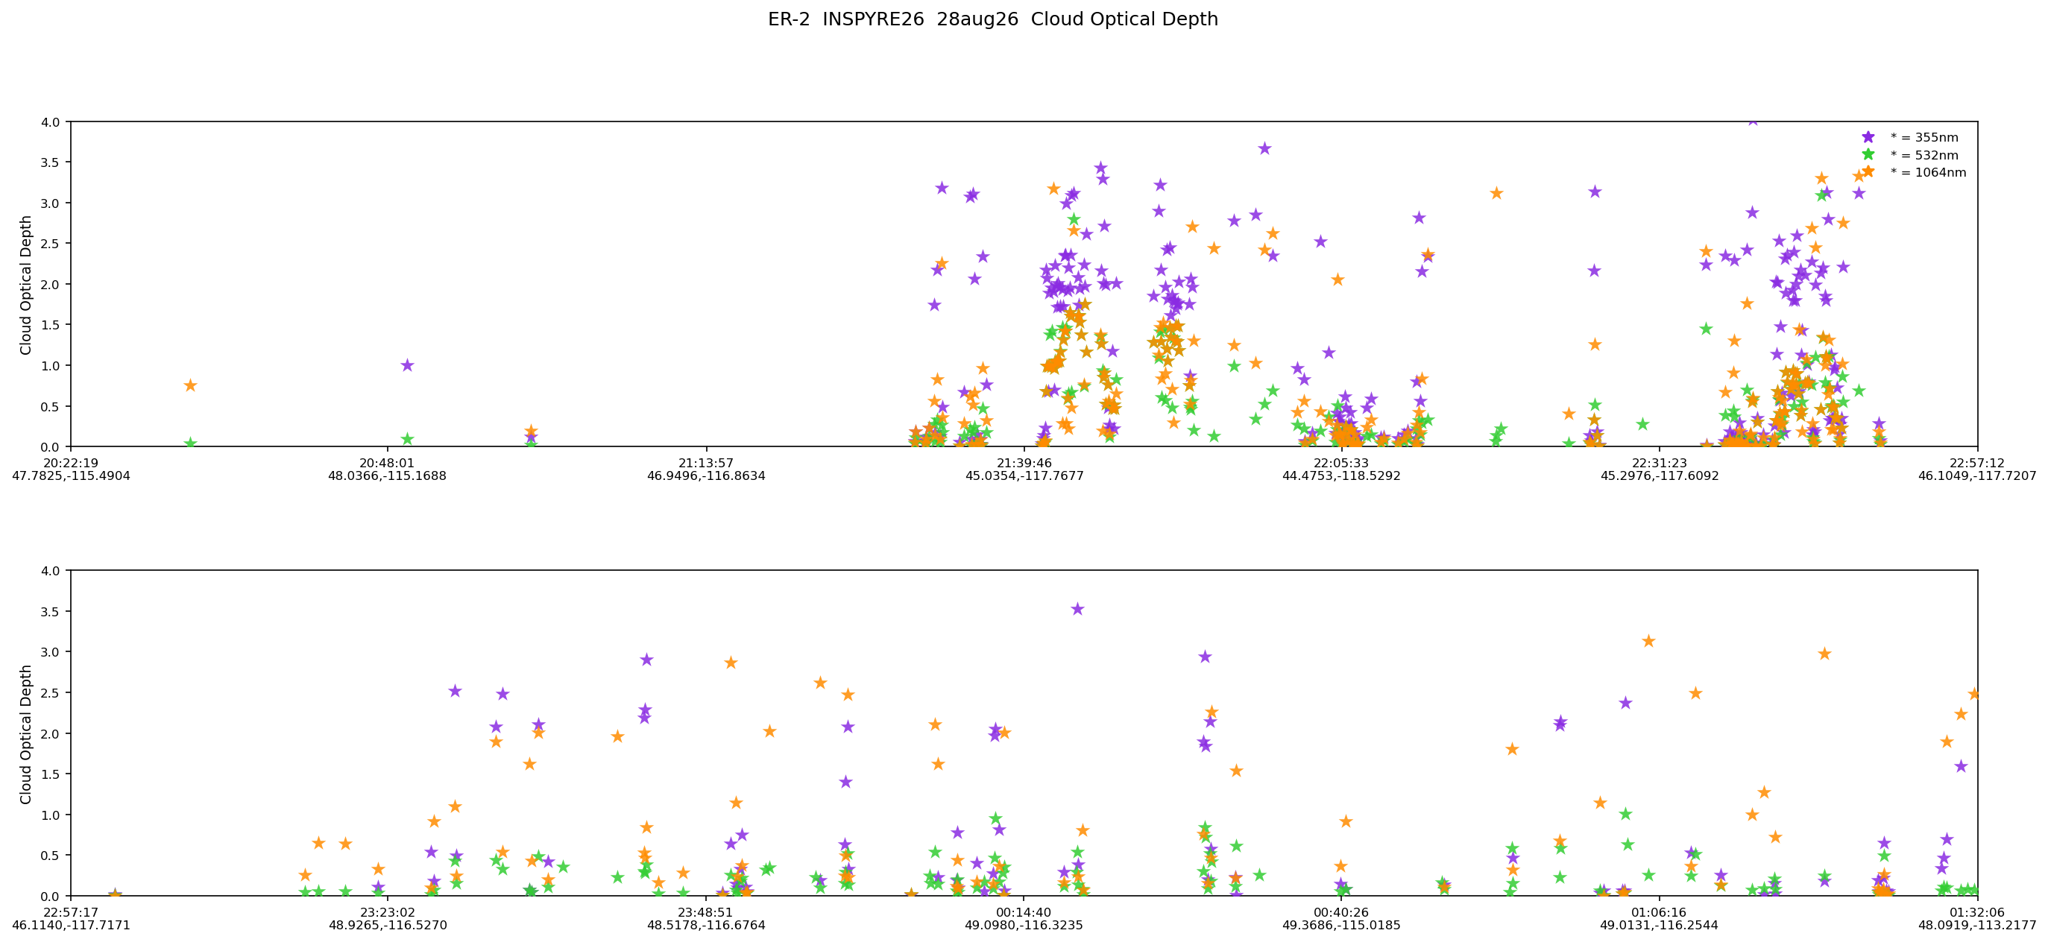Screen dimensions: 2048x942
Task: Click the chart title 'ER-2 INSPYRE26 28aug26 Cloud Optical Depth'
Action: pyautogui.click(x=992, y=19)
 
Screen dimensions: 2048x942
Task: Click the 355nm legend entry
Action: pyautogui.click(x=1912, y=138)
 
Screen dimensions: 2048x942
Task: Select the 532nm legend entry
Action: pyautogui.click(x=1912, y=155)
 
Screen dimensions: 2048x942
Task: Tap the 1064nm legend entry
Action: pyautogui.click(x=1916, y=172)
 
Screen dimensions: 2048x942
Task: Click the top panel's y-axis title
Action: pyautogui.click(x=26, y=285)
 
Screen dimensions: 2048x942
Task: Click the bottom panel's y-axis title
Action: pyautogui.click(x=26, y=734)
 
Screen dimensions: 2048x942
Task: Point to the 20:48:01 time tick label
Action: pyautogui.click(x=387, y=463)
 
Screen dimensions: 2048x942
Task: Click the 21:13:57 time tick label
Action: pyautogui.click(x=706, y=463)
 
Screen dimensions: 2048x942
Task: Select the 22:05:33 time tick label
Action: pyautogui.click(x=1341, y=463)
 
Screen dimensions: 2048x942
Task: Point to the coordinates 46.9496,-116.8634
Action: pyautogui.click(x=706, y=476)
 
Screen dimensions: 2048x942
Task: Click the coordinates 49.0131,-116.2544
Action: pyautogui.click(x=1660, y=926)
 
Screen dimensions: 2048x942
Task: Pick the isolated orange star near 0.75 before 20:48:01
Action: pyautogui.click(x=190, y=385)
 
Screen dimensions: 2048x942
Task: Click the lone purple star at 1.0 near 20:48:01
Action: pyautogui.click(x=407, y=365)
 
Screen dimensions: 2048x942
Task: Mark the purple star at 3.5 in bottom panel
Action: pyautogui.click(x=1077, y=609)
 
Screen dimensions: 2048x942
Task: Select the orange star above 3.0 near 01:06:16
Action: pyautogui.click(x=1649, y=641)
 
